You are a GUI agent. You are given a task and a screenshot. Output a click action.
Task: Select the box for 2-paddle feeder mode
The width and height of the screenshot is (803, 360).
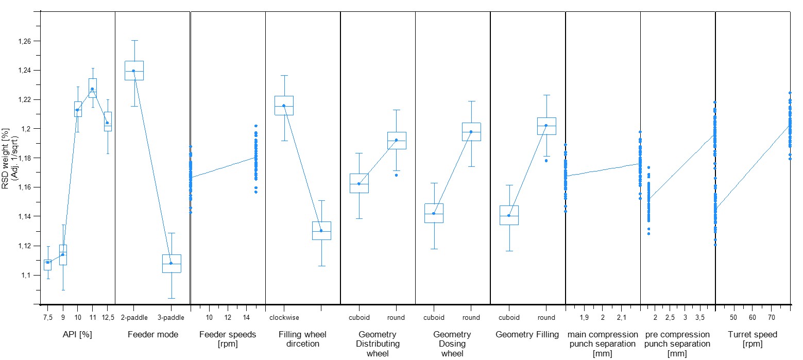coord(133,71)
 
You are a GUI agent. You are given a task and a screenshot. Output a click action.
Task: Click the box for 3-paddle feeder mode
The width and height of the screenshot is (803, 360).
coord(171,263)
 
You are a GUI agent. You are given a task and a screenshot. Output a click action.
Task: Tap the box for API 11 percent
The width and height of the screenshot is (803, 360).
coord(92,88)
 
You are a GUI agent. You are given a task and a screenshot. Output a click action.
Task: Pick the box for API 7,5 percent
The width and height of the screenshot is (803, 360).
coord(47,265)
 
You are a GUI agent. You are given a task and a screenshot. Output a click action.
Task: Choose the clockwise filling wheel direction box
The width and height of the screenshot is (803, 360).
coord(284,105)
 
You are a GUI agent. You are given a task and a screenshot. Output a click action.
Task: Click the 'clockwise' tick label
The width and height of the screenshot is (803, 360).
coord(284,318)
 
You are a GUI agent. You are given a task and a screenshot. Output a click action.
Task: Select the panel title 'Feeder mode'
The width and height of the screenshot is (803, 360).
coord(153,335)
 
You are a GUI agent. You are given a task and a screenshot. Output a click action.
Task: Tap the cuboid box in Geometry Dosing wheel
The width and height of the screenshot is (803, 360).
coord(434,213)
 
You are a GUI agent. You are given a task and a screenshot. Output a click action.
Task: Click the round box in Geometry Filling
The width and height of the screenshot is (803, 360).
coord(546,126)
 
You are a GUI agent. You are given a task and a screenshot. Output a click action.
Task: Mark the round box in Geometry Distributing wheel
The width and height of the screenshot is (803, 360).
coord(396,140)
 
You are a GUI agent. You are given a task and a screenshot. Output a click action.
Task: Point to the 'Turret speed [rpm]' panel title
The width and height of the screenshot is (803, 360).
coord(753,339)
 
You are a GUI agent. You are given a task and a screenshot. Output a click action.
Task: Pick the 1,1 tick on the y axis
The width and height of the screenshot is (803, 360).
coord(27,276)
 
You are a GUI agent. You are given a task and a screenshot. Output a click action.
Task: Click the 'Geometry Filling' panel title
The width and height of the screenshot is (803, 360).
coord(527,335)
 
